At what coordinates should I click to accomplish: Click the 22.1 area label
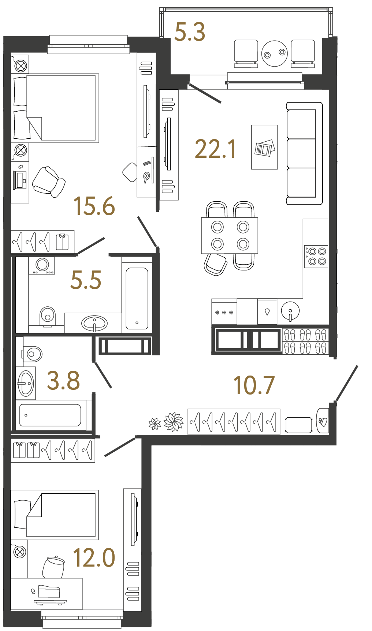(x=215, y=149)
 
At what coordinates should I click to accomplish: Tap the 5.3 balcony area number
(x=190, y=32)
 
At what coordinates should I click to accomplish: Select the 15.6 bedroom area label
(x=94, y=206)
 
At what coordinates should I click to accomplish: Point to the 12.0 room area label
(x=94, y=558)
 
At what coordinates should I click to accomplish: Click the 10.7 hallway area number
(x=254, y=385)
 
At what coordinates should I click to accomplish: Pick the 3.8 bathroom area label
(x=63, y=381)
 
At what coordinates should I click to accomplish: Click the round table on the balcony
(x=275, y=53)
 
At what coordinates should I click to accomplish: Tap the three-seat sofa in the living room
(x=304, y=153)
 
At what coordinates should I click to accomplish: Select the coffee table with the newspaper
(x=264, y=147)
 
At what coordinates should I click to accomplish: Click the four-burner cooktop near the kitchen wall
(x=316, y=256)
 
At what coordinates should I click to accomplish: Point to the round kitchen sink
(x=290, y=311)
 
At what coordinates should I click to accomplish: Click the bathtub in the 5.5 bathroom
(x=137, y=299)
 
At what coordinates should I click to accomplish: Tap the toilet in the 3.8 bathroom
(x=33, y=354)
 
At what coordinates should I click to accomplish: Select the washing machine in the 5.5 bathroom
(x=42, y=265)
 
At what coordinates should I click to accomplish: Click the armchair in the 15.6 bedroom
(x=49, y=182)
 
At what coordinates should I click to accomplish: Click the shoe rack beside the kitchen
(x=305, y=341)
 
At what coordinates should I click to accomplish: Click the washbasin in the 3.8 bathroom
(x=26, y=383)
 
